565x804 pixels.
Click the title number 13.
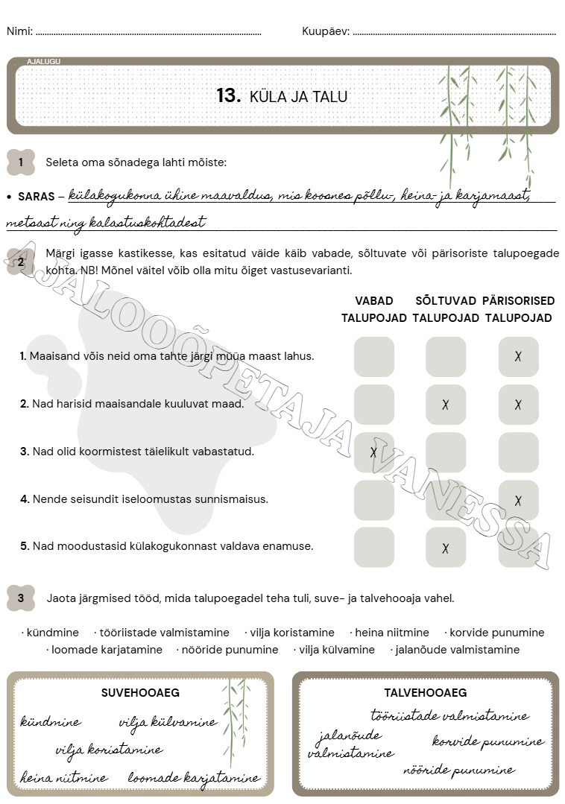click(x=228, y=96)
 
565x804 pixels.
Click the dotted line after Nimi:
click(x=148, y=33)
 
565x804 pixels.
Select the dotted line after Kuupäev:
click(x=454, y=33)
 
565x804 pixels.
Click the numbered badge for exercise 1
click(x=21, y=162)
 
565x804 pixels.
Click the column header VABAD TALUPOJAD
click(x=374, y=309)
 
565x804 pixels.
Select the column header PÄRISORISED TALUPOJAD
click(x=519, y=309)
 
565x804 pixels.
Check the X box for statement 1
click(x=518, y=356)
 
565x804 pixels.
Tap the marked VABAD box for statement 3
click(x=373, y=452)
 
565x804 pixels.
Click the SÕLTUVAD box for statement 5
click(x=446, y=548)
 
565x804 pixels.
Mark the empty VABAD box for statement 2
click(x=373, y=405)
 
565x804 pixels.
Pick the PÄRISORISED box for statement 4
click(x=518, y=500)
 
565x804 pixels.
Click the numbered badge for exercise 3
click(x=21, y=598)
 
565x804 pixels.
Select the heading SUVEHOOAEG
click(x=140, y=692)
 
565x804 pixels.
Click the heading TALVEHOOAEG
click(x=426, y=692)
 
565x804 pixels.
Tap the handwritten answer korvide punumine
click(x=488, y=742)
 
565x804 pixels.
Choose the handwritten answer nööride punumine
click(x=459, y=770)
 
